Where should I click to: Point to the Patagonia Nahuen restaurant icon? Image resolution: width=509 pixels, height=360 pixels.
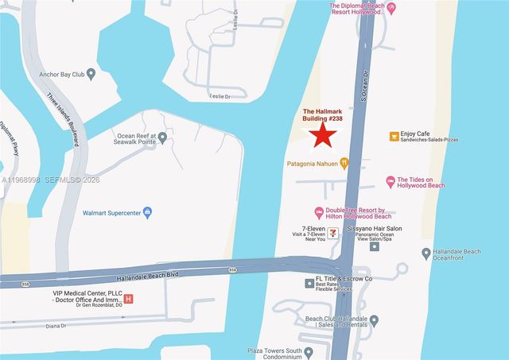coord(344,164)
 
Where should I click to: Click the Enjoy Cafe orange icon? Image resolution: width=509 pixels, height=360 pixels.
coord(394,136)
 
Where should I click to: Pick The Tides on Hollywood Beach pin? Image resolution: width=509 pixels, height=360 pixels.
coord(390,182)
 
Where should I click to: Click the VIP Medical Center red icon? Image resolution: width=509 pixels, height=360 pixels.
coord(130,299)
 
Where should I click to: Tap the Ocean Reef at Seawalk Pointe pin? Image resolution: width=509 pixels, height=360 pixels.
coord(162,137)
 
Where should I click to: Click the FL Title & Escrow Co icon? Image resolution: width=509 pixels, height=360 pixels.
coord(309,283)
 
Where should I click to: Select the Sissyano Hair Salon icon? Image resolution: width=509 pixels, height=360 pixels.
coord(375,246)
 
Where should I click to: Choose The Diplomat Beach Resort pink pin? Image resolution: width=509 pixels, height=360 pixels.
coord(390,8)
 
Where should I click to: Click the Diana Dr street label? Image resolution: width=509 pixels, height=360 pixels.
coord(56,324)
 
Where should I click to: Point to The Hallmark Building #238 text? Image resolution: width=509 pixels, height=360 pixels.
coord(324,116)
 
